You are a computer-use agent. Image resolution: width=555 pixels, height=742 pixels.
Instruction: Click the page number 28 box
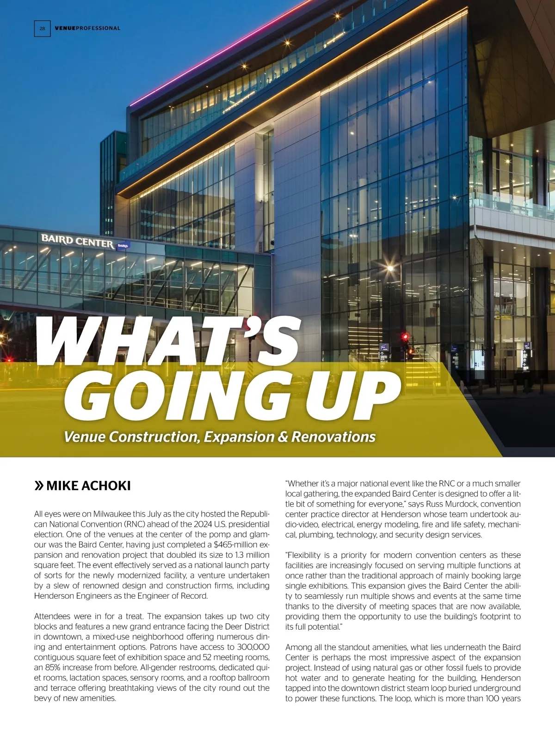42,28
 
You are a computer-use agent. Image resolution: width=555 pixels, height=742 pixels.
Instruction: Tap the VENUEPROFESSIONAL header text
87,28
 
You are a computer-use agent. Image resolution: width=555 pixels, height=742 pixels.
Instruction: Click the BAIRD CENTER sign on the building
77,241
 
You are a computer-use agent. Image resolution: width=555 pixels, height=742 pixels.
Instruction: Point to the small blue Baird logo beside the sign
123,245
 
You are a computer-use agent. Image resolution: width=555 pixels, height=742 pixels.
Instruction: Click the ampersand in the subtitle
283,437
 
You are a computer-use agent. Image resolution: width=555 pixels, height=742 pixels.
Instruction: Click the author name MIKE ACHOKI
88,486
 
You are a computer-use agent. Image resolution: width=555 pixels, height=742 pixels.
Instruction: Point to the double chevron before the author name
39,486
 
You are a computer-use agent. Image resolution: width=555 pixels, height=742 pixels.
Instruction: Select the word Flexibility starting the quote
309,555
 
